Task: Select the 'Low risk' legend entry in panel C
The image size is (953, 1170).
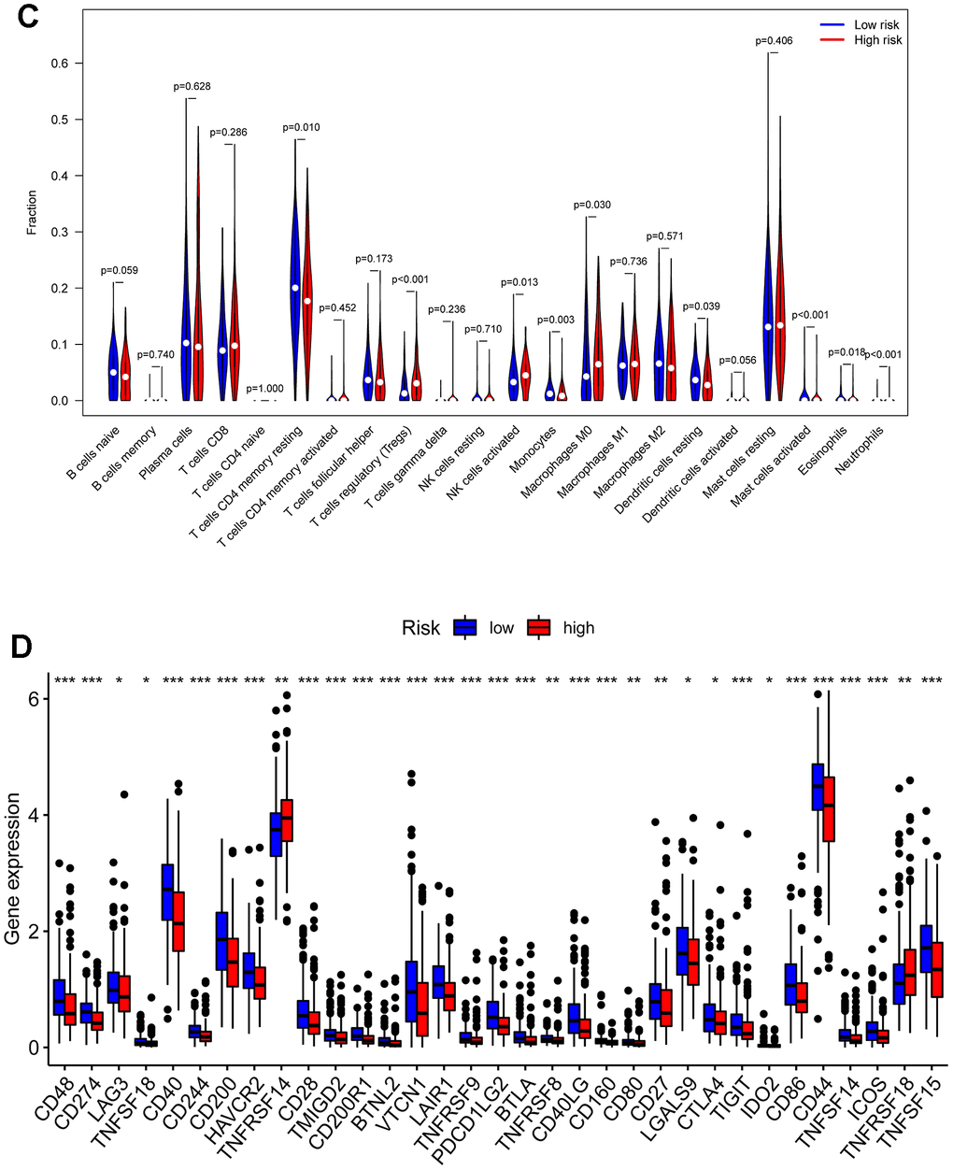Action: (x=875, y=24)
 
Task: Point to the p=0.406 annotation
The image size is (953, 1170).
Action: (x=774, y=41)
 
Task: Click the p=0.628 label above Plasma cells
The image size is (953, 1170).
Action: (x=192, y=87)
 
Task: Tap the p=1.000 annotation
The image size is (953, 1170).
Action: (x=265, y=388)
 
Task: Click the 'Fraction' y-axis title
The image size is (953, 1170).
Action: (x=32, y=212)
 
